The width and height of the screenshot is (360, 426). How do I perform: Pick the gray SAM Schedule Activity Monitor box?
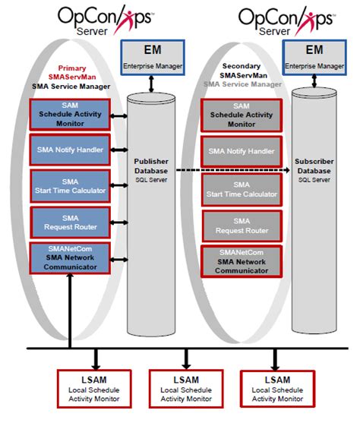(x=241, y=115)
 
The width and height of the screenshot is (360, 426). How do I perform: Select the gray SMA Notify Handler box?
(x=241, y=149)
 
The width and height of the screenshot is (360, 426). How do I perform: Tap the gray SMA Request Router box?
(x=241, y=225)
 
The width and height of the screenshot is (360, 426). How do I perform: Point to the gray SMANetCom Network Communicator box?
(x=241, y=260)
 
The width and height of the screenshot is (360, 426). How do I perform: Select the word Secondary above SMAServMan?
(x=242, y=66)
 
